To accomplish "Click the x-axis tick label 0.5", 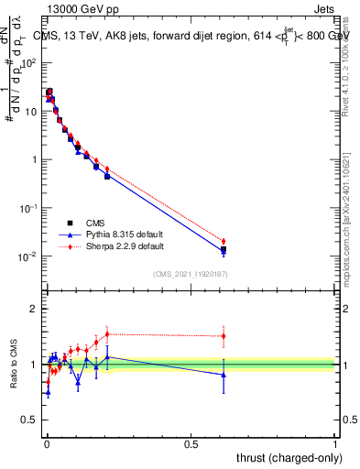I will point(191,443).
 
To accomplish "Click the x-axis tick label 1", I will point(335,443).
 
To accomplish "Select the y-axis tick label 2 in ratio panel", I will point(34,309).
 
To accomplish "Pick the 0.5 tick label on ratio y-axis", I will point(29,420).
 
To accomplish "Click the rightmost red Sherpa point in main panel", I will point(224,241).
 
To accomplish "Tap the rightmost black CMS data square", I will point(224,249).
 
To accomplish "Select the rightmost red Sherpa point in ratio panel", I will point(224,336).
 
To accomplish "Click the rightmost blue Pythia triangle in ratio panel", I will point(224,374).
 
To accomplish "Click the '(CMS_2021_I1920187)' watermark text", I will point(190,274).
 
